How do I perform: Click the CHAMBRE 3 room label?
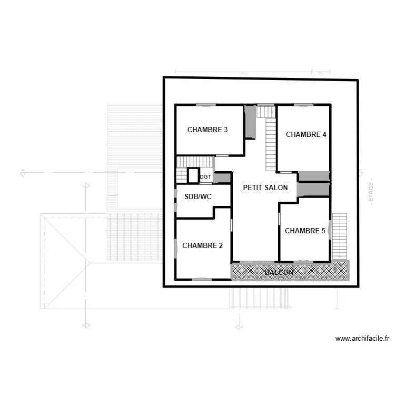(x=208, y=130)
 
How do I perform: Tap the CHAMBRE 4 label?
(x=306, y=134)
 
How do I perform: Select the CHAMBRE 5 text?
(x=305, y=231)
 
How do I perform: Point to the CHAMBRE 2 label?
(x=203, y=245)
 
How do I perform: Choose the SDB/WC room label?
(x=198, y=196)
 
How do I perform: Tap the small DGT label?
(x=205, y=177)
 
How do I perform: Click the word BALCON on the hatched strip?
(x=279, y=272)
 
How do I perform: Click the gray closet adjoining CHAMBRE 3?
(x=250, y=122)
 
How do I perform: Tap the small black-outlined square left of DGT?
(x=193, y=175)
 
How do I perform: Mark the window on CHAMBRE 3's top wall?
(x=206, y=105)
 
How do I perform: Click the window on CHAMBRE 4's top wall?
(x=303, y=105)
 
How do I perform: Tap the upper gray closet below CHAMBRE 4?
(x=314, y=176)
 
